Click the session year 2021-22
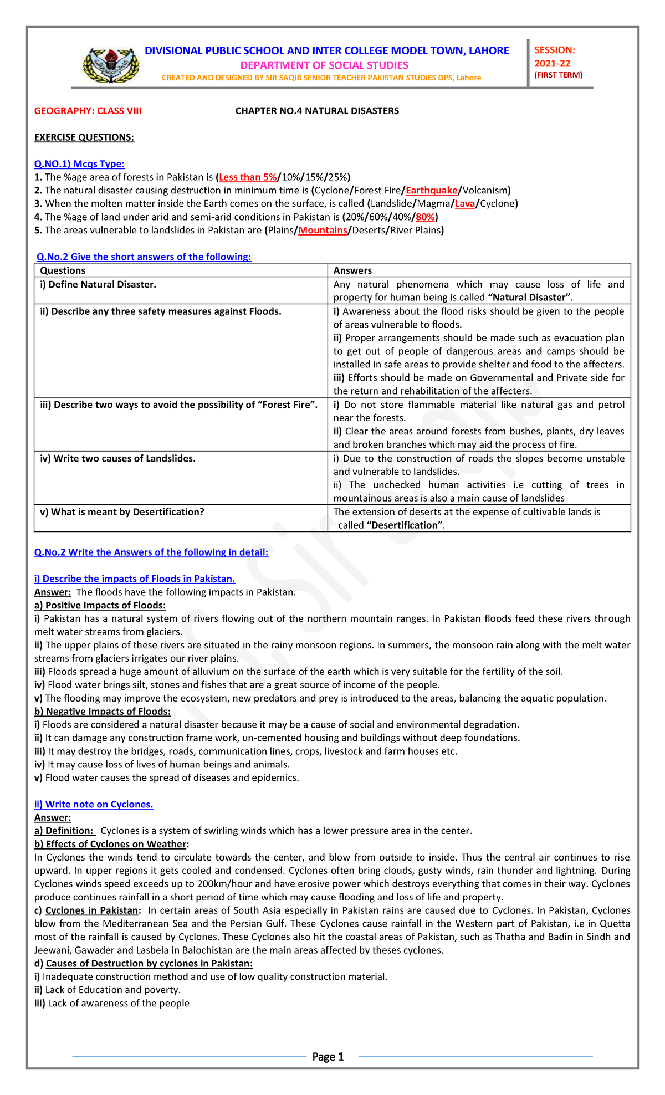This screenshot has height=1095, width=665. [x=552, y=64]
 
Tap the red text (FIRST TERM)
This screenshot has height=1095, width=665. [x=558, y=75]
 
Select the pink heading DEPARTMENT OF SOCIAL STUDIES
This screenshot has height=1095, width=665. [x=324, y=65]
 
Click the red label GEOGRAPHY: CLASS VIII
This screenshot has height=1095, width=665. [x=88, y=111]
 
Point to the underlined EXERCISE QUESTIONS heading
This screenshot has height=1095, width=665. [x=84, y=137]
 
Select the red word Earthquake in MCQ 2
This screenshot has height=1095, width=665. [x=432, y=191]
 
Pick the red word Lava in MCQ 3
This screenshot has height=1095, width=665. [x=464, y=204]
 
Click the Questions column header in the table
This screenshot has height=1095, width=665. [x=63, y=270]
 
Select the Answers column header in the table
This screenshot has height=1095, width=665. [x=352, y=270]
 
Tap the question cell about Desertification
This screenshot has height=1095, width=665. [x=122, y=512]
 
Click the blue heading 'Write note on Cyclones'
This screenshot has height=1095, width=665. [x=94, y=804]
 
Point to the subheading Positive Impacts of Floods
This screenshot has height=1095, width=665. [x=100, y=605]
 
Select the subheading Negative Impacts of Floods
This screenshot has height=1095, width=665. [x=103, y=712]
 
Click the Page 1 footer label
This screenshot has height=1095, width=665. [x=328, y=1057]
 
